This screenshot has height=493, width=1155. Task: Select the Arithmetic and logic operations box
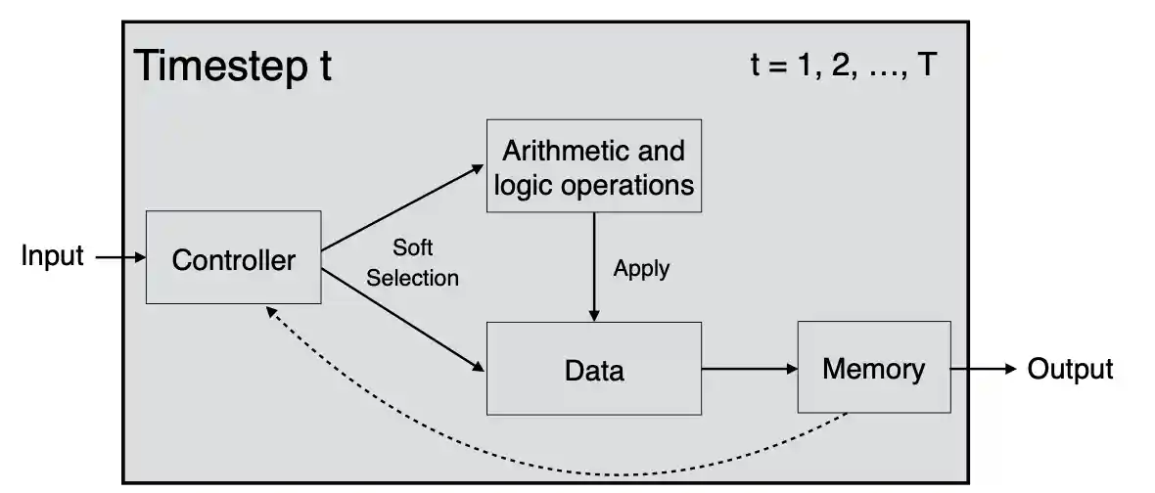593,165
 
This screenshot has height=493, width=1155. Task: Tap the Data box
593,369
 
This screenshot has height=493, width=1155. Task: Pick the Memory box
873,368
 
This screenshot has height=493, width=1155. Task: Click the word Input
53,257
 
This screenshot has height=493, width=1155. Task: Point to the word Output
1070,369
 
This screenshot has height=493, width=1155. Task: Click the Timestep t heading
232,67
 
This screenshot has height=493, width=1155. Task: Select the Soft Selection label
412,262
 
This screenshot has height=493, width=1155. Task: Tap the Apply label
641,268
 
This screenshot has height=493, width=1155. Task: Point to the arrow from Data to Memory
749,369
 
